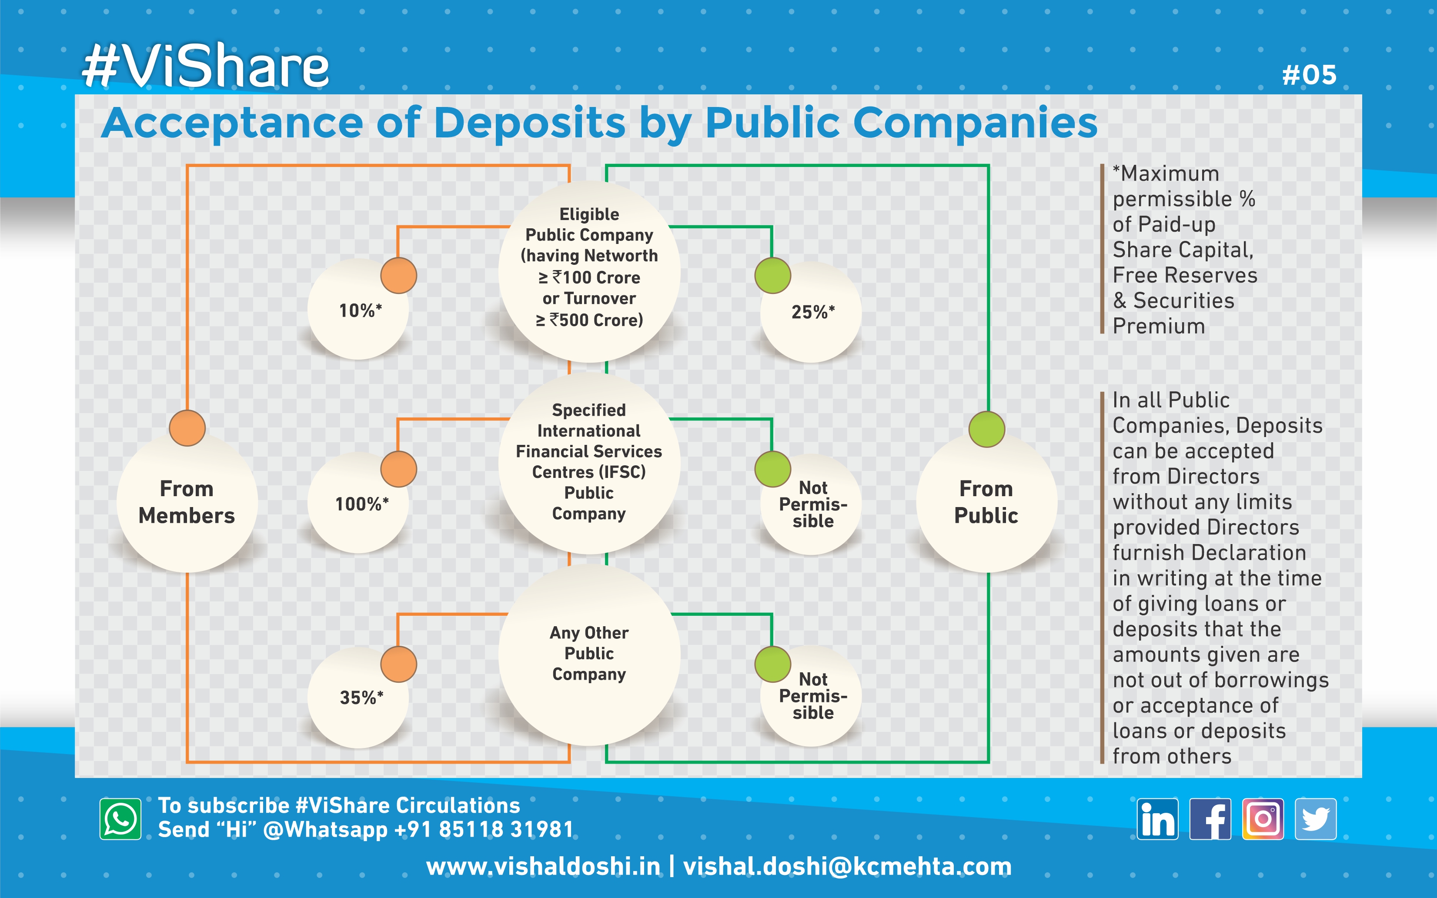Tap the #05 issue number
[x=1309, y=75]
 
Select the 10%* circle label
[x=360, y=310]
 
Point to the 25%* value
[x=813, y=312]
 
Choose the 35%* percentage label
[x=361, y=698]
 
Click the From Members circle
[x=187, y=502]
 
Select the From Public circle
[x=986, y=502]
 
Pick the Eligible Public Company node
[x=589, y=267]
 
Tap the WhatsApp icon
[x=120, y=819]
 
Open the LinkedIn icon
[x=1157, y=819]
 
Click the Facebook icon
[x=1210, y=819]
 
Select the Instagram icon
[x=1263, y=819]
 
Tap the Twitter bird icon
[x=1316, y=819]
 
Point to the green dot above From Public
[x=986, y=429]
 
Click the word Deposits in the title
[x=530, y=124]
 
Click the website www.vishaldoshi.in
[x=543, y=867]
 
